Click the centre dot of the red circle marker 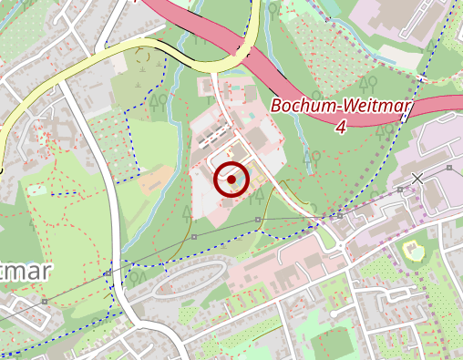[x=232, y=180]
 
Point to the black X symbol [x=417, y=177]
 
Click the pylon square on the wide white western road [x=108, y=273]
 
